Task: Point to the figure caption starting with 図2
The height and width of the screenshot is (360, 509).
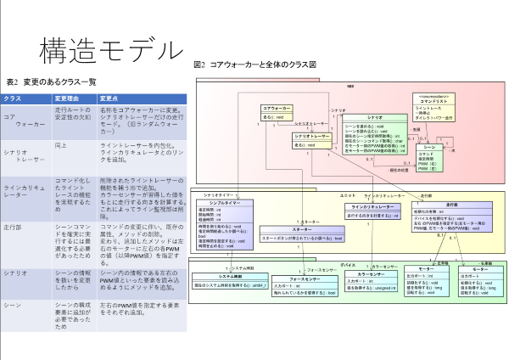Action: click(255, 64)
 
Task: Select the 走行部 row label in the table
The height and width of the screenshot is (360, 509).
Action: click(14, 228)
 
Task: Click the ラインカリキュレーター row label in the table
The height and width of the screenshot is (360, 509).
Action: click(25, 188)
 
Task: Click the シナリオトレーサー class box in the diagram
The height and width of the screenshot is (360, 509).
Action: click(311, 139)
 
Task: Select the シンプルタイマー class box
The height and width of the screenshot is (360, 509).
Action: click(224, 217)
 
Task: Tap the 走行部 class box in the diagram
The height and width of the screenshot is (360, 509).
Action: click(451, 219)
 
